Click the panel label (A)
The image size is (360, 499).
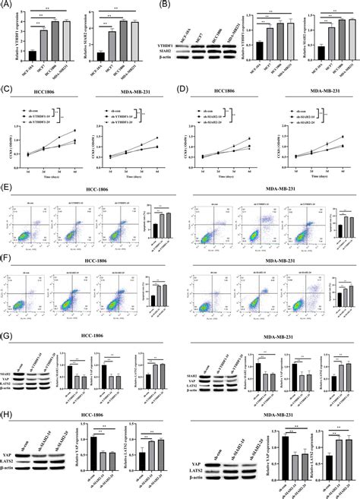8,6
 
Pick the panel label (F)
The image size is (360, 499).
8,261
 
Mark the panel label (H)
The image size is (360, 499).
8,416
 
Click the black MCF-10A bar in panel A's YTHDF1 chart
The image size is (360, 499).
32,55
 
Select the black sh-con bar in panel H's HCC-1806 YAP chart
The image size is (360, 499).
93,456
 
